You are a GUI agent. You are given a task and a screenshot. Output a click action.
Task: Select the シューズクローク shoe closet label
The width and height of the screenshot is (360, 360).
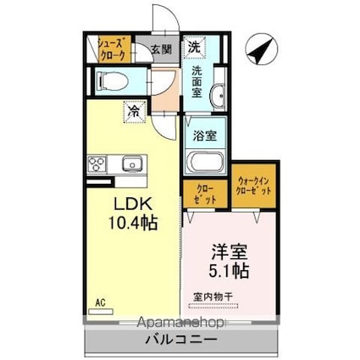coord(113,48)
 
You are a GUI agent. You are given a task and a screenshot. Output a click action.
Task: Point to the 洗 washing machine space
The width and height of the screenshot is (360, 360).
coord(195,46)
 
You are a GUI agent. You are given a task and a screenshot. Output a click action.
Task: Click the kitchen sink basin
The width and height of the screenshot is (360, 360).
coord(130,163)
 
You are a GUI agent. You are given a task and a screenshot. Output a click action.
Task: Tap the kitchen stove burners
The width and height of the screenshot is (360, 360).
coord(96,163)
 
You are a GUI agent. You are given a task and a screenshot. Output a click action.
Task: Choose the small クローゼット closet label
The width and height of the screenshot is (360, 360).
coord(206,193)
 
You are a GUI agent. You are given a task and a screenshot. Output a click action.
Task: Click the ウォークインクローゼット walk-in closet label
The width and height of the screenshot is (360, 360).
coord(255,187)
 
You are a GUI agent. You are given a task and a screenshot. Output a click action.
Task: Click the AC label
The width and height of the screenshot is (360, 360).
coord(100,302)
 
